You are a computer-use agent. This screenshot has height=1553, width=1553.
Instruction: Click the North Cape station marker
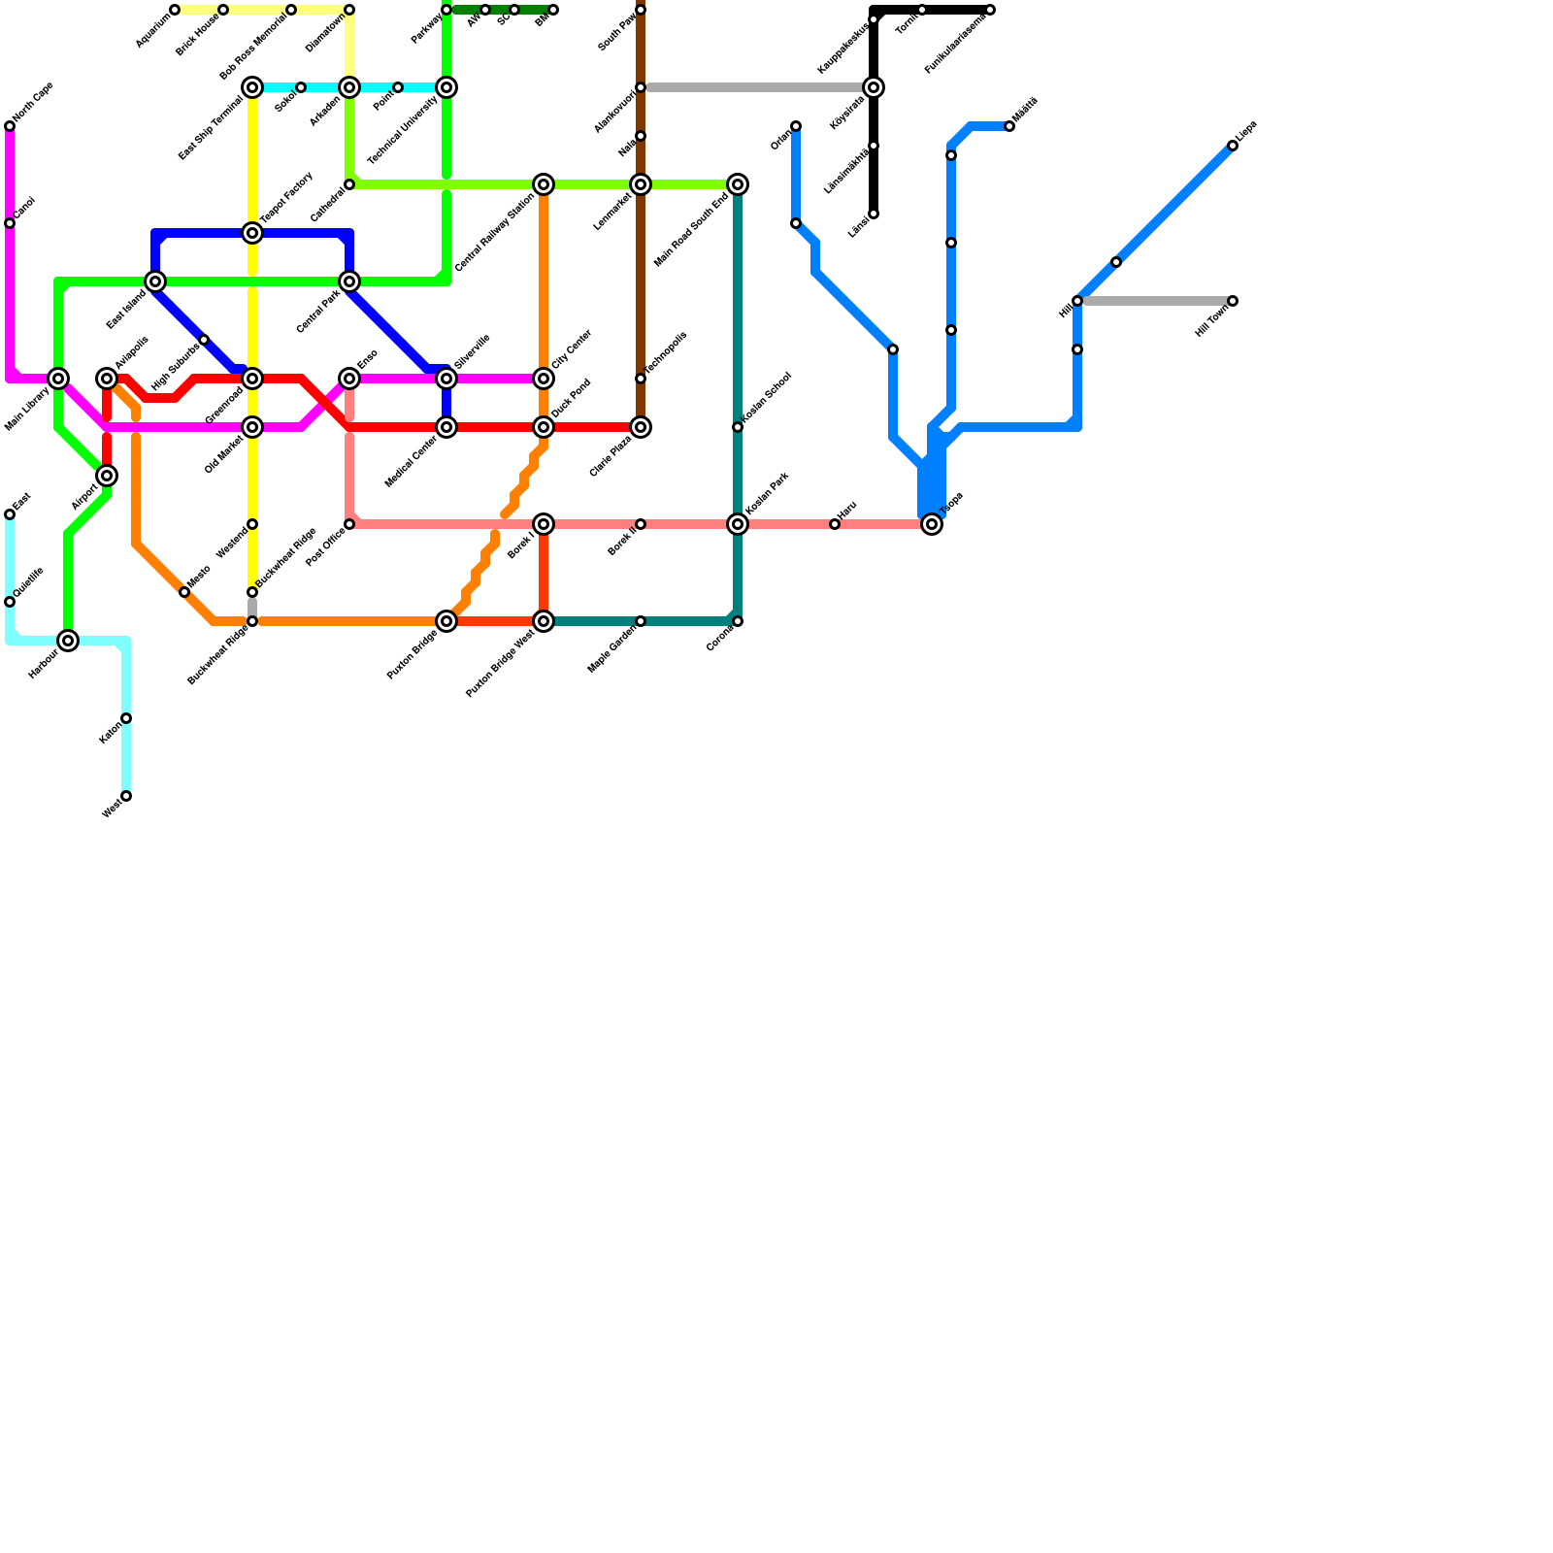coord(10,126)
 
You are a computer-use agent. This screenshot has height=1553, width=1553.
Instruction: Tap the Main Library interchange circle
coord(58,379)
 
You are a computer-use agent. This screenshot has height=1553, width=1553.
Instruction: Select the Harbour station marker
coord(68,641)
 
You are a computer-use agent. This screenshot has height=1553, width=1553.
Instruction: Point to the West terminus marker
coord(126,796)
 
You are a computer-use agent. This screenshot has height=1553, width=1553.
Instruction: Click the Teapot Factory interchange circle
coord(252,233)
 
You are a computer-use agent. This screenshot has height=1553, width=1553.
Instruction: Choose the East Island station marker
coord(155,281)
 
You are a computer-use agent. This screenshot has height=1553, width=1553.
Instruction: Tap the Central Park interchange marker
coord(349,281)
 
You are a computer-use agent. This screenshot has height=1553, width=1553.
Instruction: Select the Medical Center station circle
coord(446,427)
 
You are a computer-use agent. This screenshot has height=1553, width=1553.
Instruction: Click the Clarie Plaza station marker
coord(641,427)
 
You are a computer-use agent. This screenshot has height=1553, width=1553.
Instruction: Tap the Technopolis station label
coord(667,352)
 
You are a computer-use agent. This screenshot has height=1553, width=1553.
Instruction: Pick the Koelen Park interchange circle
coord(738,524)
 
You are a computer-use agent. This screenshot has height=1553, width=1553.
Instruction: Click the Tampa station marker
coord(932,524)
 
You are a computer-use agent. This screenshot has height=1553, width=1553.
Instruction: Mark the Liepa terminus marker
coord(1233,146)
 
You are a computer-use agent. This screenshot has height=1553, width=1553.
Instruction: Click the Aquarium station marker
coord(175,10)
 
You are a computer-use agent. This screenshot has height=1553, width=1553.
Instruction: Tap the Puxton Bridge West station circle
coord(544,621)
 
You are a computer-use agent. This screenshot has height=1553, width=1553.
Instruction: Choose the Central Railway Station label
coord(494,234)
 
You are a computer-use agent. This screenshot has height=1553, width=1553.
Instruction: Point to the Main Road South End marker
coord(738,184)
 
